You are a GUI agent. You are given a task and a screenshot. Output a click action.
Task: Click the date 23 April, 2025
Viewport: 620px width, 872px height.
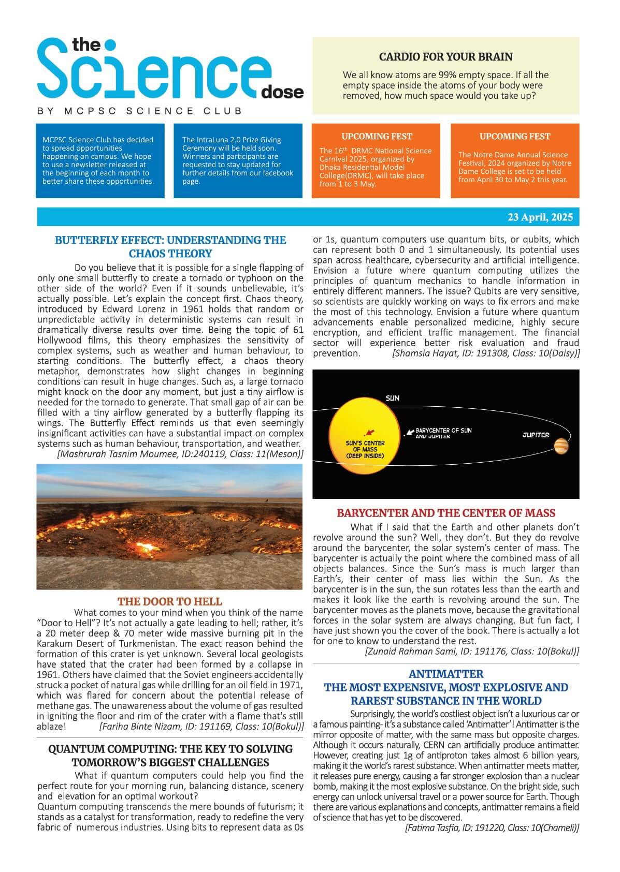click(x=540, y=217)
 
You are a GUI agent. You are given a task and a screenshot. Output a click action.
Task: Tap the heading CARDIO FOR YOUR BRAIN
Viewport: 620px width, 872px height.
click(x=445, y=57)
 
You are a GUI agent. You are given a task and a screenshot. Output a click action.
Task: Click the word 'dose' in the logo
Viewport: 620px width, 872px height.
click(x=283, y=93)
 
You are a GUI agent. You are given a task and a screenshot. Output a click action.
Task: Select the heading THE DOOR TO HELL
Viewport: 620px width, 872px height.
click(x=169, y=601)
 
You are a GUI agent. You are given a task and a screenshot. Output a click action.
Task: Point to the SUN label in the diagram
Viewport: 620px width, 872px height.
click(x=392, y=398)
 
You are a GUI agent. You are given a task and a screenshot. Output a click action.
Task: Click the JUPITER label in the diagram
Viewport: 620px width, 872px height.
click(x=536, y=435)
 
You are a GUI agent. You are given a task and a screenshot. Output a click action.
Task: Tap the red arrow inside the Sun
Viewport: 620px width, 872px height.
click(x=369, y=432)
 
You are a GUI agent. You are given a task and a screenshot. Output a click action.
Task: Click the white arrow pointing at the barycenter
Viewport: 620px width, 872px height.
click(x=410, y=431)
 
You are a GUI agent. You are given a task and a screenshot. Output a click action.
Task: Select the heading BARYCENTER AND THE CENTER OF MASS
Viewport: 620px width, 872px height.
click(x=445, y=513)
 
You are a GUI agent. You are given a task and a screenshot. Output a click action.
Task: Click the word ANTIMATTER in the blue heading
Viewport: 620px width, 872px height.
click(x=445, y=674)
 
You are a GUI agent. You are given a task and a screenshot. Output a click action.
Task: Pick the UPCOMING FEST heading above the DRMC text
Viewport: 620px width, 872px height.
click(x=377, y=137)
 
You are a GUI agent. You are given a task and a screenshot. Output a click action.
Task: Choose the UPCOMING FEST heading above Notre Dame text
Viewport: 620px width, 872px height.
click(x=514, y=137)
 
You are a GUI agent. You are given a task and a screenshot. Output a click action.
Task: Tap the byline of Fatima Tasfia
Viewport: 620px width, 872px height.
click(x=492, y=827)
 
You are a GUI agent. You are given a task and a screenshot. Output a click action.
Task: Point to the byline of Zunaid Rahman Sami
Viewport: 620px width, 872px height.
click(x=472, y=651)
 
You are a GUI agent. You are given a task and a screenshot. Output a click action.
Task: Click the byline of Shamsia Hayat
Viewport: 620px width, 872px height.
click(x=485, y=353)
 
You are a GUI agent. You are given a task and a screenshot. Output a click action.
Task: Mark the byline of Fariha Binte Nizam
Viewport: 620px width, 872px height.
click(x=201, y=726)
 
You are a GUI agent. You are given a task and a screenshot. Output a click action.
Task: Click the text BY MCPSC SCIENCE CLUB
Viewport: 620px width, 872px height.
click(x=140, y=111)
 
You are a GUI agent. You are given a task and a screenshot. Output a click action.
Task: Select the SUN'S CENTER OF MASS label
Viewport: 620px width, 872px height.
click(x=365, y=449)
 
